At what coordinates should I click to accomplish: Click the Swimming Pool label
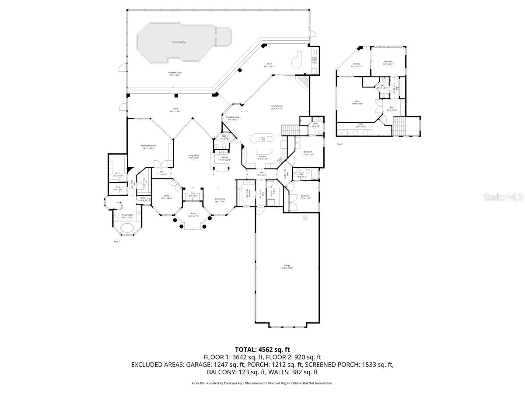pyautogui.click(x=179, y=42)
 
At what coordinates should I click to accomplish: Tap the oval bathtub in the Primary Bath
pyautogui.click(x=127, y=228)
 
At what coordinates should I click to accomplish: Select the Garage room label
pyautogui.click(x=287, y=266)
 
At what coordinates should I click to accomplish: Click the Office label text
pyautogui.click(x=166, y=196)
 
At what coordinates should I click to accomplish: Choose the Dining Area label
pyautogui.click(x=220, y=199)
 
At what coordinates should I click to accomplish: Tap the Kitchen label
pyautogui.click(x=262, y=156)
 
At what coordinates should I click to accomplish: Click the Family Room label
pyautogui.click(x=276, y=106)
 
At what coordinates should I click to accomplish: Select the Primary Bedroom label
pyautogui.click(x=149, y=145)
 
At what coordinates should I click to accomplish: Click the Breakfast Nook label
pyautogui.click(x=232, y=117)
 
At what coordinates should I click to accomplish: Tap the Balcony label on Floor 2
pyautogui.click(x=357, y=64)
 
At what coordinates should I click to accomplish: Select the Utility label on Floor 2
pyautogui.click(x=361, y=124)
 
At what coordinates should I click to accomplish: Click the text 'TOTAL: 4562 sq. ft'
pyautogui.click(x=262, y=349)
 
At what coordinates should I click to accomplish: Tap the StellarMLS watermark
pyautogui.click(x=503, y=198)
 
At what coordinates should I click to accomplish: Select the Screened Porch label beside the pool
pyautogui.click(x=175, y=73)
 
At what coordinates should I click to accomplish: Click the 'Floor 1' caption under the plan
pyautogui.click(x=116, y=241)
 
